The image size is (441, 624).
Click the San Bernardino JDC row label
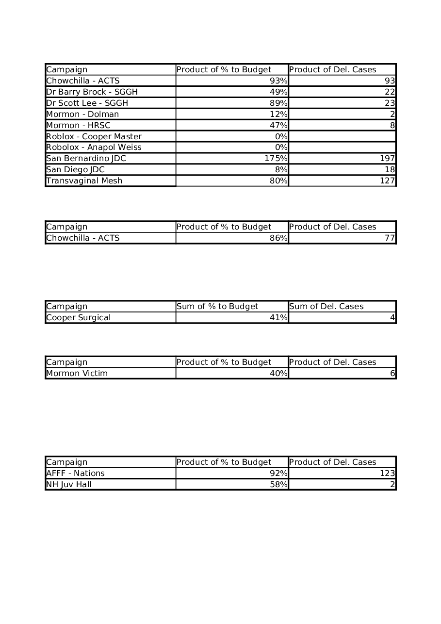86,159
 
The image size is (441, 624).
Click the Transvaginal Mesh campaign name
84,181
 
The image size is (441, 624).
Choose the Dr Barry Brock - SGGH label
92,92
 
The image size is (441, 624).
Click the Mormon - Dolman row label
82,115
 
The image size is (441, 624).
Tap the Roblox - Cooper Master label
94,137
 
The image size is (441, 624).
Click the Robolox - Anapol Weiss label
94,148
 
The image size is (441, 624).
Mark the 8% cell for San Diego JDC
281,170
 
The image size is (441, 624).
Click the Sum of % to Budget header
217,307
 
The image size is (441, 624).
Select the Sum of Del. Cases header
326,307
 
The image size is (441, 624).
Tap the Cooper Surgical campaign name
78,318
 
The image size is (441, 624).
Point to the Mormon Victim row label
77,374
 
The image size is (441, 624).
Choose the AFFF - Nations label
75,474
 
